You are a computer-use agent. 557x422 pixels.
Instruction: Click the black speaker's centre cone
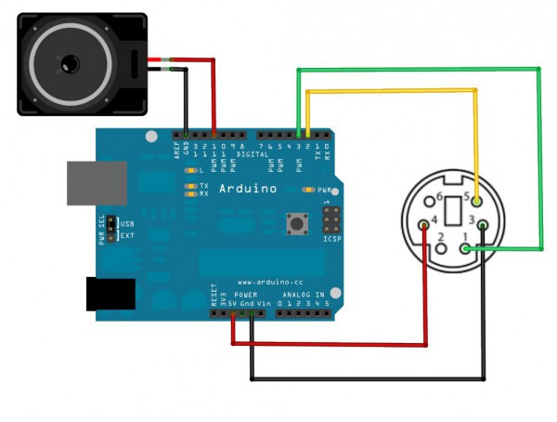(68, 63)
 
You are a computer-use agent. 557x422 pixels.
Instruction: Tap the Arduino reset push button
(298, 224)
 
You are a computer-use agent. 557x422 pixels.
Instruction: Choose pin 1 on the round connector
(465, 249)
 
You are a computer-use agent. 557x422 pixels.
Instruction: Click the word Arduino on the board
(248, 189)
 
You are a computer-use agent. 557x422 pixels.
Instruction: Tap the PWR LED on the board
(309, 189)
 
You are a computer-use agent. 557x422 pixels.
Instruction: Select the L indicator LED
(191, 171)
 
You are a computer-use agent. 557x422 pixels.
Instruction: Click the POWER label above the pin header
(244, 293)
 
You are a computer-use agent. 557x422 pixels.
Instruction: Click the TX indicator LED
(191, 186)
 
